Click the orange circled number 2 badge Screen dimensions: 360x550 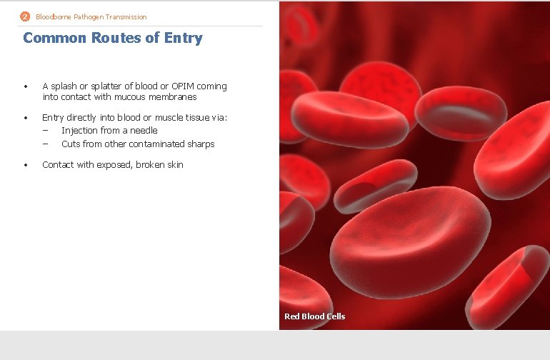pos(26,16)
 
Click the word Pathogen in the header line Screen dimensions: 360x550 pos(83,16)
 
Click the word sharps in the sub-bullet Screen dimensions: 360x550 pos(201,144)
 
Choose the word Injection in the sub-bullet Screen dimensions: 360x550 pos(79,131)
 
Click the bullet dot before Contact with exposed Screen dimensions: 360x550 pos(26,165)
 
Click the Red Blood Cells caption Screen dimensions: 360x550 pos(314,316)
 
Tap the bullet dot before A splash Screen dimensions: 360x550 pos(26,86)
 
